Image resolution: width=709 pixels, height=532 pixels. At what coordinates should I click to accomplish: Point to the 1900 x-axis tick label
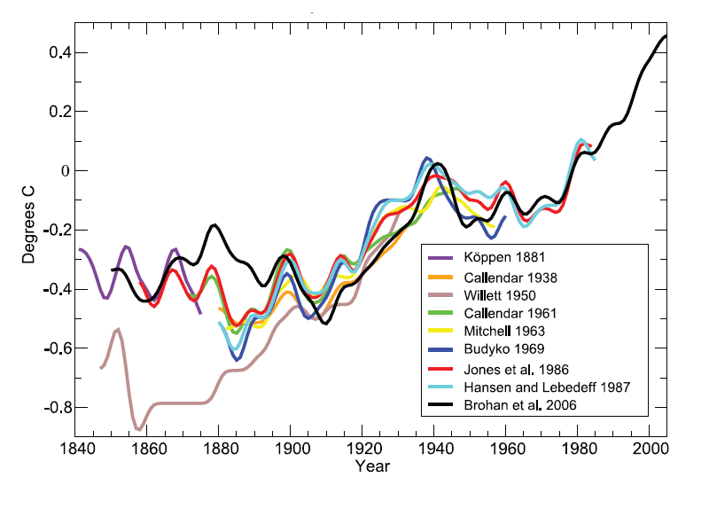coord(291,450)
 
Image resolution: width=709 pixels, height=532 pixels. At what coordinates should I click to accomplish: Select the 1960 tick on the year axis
coord(506,450)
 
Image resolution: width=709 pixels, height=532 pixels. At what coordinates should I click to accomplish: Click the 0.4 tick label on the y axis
coord(50,53)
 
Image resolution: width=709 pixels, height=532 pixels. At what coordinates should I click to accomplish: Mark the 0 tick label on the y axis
coord(56,171)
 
